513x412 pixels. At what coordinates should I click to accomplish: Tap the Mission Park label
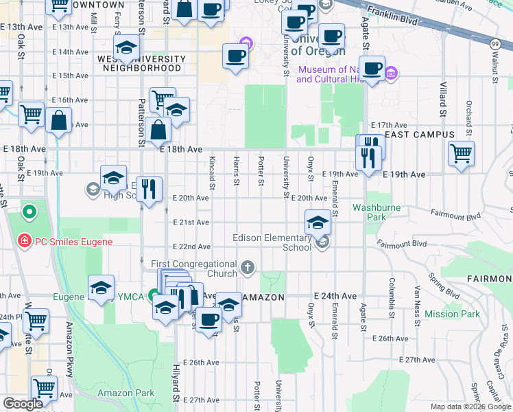point(452,314)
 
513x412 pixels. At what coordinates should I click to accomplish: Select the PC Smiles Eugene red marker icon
point(24,241)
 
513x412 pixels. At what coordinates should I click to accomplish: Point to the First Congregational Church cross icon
point(248,266)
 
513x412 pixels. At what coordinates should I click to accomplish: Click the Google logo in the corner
point(23,404)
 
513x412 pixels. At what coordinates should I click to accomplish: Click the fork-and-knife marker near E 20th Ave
point(149,188)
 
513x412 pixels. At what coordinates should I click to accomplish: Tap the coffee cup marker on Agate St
point(372,69)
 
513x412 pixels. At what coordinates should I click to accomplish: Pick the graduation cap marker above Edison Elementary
point(317,222)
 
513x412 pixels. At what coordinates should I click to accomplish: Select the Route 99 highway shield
point(495,43)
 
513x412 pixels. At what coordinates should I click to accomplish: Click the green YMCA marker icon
point(153,296)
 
